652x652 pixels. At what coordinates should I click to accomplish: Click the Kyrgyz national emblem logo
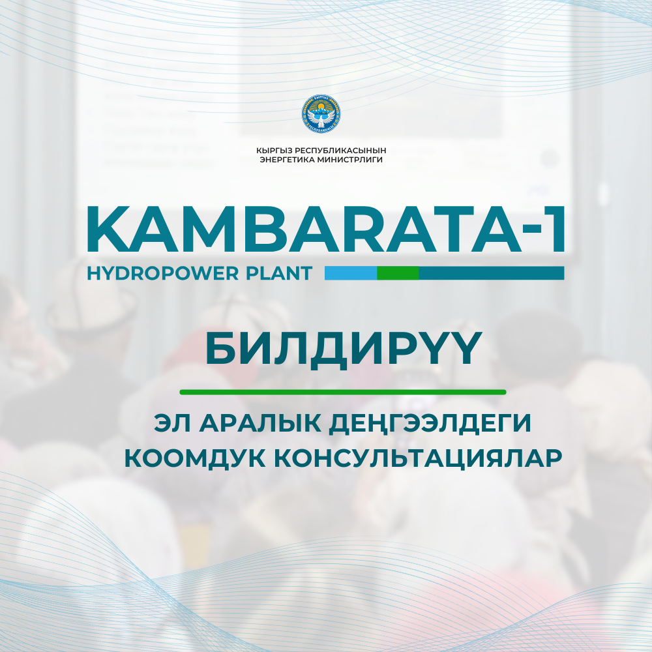point(321,113)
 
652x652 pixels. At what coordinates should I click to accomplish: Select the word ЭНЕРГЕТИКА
point(287,160)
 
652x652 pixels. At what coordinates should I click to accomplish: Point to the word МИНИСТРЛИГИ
point(349,160)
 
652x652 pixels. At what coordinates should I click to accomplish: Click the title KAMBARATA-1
point(325,229)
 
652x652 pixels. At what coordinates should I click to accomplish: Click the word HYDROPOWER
point(163,274)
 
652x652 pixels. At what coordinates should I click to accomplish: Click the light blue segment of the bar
point(351,273)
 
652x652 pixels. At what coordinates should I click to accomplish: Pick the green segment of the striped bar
point(398,273)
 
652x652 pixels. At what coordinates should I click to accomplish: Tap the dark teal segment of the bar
point(492,273)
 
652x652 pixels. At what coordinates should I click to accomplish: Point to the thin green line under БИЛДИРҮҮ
point(343,392)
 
